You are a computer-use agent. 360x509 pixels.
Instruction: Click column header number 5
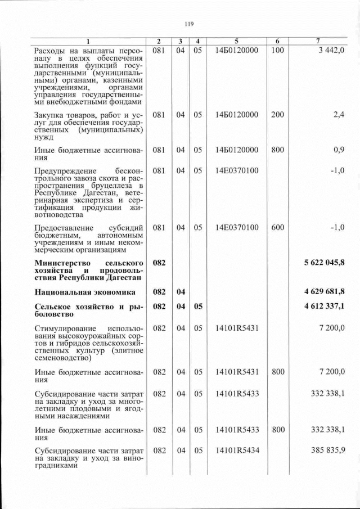(236, 42)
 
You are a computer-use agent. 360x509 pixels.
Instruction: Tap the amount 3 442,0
(331, 51)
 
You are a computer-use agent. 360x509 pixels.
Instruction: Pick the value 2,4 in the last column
(339, 115)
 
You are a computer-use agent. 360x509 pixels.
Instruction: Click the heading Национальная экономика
(85, 292)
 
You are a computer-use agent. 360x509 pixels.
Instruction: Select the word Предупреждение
(65, 171)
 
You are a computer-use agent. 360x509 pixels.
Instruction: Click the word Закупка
(50, 115)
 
